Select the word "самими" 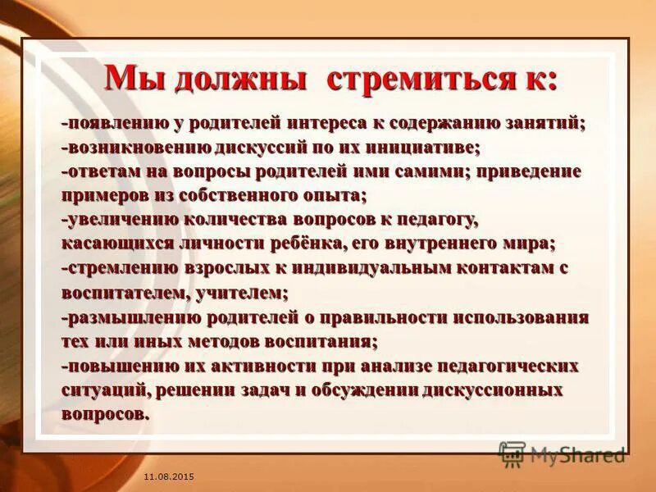pyautogui.click(x=420, y=171)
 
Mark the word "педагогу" pyautogui.click(x=435, y=220)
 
